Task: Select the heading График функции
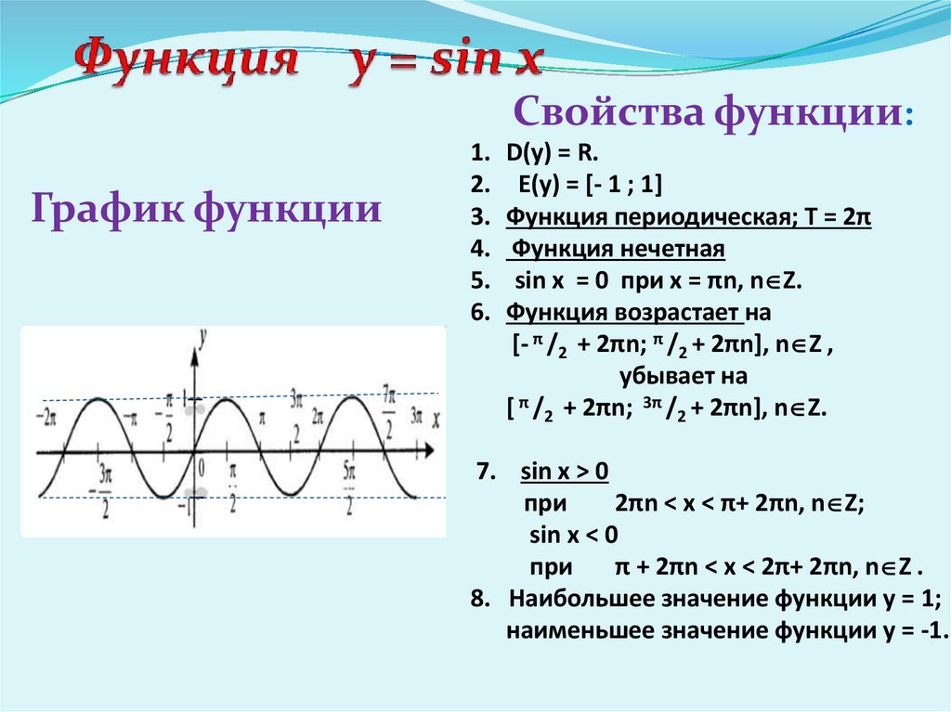pos(206,207)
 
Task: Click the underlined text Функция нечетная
pos(619,250)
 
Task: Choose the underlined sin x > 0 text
pos(565,472)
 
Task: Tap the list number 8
pos(478,598)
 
